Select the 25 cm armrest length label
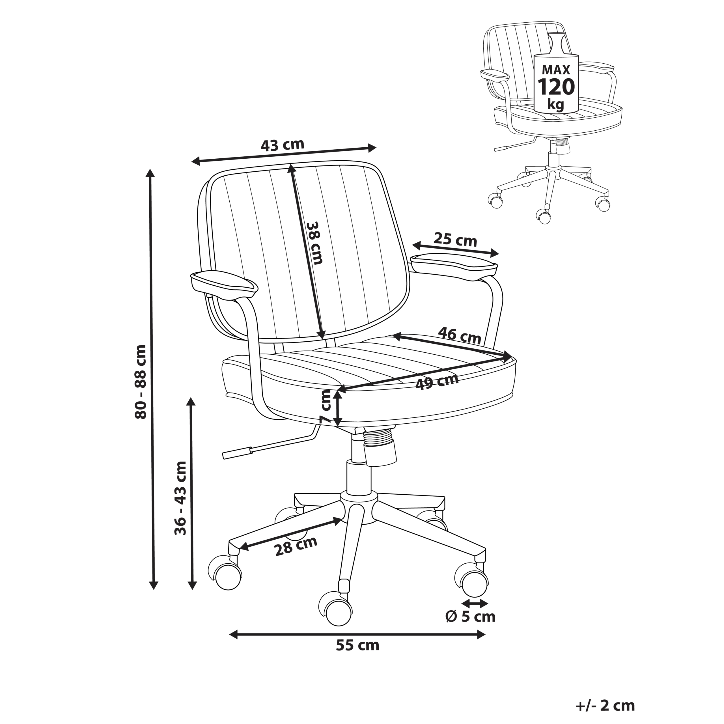455,240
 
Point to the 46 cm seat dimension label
460,335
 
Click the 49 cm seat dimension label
437,382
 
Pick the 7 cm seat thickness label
326,407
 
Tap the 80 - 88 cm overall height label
141,382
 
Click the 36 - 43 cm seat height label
181,498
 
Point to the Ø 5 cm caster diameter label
471,617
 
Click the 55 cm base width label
357,645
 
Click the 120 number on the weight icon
556,87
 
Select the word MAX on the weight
556,70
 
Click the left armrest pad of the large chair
224,285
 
